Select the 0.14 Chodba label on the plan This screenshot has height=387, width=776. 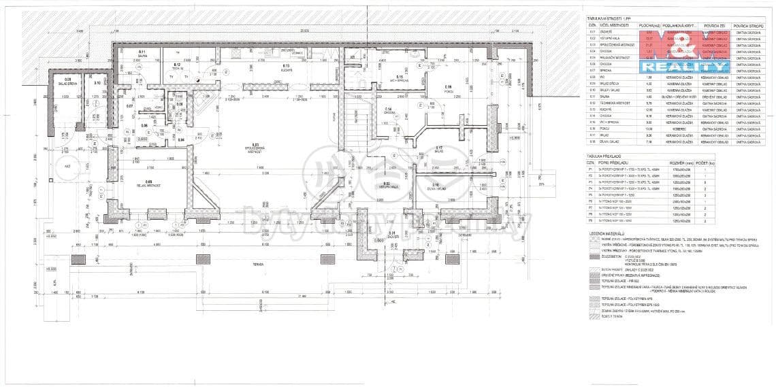pos(387,110)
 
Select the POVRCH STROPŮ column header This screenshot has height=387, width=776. pos(746,26)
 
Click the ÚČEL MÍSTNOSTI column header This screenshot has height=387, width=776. pos(616,26)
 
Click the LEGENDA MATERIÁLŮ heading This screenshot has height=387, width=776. pos(608,233)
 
